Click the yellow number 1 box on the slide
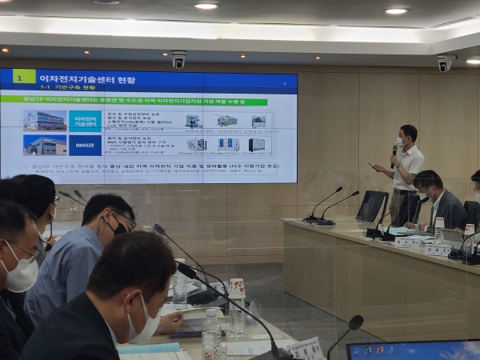(x=24, y=77)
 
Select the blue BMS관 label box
(x=85, y=146)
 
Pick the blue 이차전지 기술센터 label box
(x=85, y=120)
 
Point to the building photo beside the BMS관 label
(x=45, y=146)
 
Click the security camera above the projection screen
(x=178, y=59)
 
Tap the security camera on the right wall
(x=443, y=63)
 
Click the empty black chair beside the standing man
(x=372, y=206)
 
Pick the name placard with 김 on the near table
(x=306, y=349)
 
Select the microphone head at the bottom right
(x=355, y=322)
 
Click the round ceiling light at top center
(x=206, y=6)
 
